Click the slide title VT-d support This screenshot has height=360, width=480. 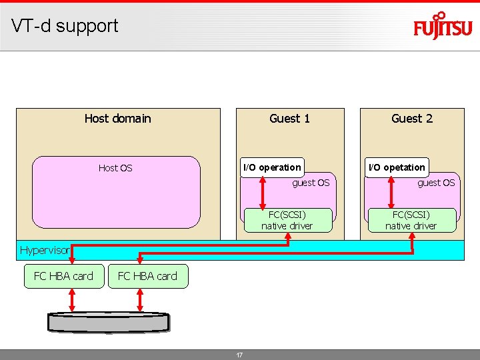[x=65, y=26]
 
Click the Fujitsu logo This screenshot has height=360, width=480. [x=442, y=27]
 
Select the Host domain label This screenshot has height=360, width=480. [x=117, y=119]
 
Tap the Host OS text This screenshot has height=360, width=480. [x=115, y=168]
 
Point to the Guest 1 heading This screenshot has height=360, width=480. [x=289, y=119]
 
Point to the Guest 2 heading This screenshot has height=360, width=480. [x=411, y=119]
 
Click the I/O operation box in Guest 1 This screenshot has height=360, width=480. [x=272, y=167]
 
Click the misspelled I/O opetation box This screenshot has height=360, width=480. [x=397, y=167]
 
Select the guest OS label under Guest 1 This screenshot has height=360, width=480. [x=311, y=183]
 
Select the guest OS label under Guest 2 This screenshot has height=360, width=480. [x=436, y=183]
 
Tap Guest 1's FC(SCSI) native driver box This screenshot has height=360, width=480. [x=287, y=220]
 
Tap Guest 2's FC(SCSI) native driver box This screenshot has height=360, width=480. [x=411, y=220]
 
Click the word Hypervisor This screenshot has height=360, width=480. [x=44, y=251]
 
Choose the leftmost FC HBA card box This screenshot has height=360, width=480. [x=63, y=276]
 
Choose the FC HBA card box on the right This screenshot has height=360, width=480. [x=147, y=276]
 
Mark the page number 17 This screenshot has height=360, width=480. [x=239, y=355]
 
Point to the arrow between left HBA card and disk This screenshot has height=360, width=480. [x=72, y=300]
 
